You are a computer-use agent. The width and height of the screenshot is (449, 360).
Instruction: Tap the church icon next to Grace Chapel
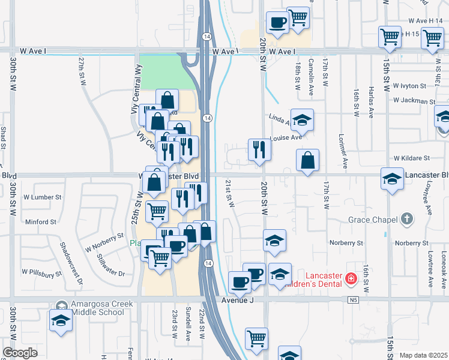click(408, 219)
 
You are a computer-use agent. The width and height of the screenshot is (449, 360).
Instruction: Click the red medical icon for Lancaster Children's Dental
click(351, 279)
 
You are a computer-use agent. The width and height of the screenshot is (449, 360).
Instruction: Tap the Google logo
click(20, 353)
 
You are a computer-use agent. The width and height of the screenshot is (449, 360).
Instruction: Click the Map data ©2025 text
click(424, 355)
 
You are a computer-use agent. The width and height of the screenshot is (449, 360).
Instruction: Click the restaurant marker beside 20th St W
click(259, 149)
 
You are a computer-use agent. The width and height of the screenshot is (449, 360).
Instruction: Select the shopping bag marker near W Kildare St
click(307, 160)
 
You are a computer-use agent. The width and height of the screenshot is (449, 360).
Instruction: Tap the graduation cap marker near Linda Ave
click(303, 119)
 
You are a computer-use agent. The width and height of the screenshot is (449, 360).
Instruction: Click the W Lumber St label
click(43, 197)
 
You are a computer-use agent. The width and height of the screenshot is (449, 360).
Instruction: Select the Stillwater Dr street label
click(109, 266)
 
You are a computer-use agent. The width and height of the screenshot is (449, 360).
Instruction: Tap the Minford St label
click(41, 222)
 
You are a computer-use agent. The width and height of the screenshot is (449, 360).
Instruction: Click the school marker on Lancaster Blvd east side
click(392, 179)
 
